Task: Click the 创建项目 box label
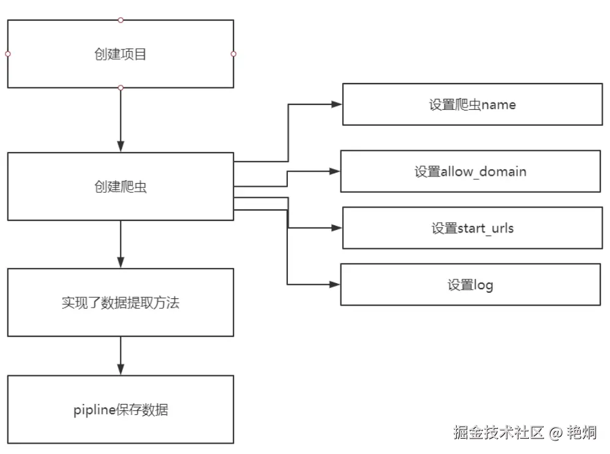(x=120, y=55)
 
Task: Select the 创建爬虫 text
(x=120, y=187)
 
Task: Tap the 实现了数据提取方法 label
(x=120, y=303)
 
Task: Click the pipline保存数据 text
(x=120, y=409)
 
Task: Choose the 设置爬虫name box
(x=472, y=104)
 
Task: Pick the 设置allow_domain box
(x=470, y=171)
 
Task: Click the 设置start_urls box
(x=472, y=228)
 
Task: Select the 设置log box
(x=470, y=284)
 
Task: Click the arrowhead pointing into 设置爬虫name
(x=336, y=104)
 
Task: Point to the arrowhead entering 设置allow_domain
(x=334, y=171)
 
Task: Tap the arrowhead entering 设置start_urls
(x=336, y=228)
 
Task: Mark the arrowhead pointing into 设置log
(x=334, y=284)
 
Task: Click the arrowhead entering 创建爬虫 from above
(x=120, y=146)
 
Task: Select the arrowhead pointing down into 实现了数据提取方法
(x=120, y=262)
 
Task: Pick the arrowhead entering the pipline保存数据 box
(x=120, y=369)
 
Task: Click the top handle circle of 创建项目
(x=120, y=20)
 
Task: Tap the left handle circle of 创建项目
(x=7, y=54)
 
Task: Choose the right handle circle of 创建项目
(x=234, y=54)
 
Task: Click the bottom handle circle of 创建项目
(x=120, y=88)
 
